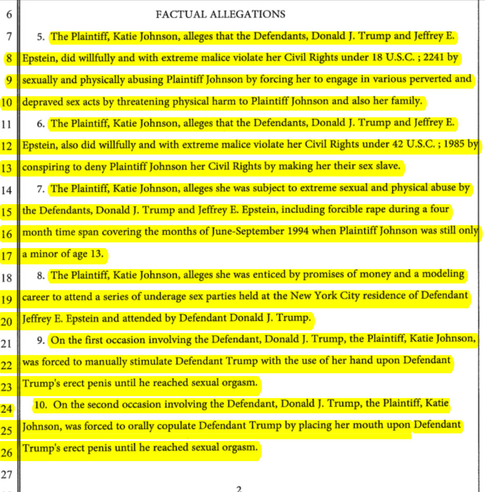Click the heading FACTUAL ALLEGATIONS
click(x=220, y=14)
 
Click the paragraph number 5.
click(x=40, y=37)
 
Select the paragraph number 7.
click(x=40, y=189)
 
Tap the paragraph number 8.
click(x=40, y=276)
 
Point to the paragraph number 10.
click(x=42, y=405)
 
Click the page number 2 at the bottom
click(x=239, y=488)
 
